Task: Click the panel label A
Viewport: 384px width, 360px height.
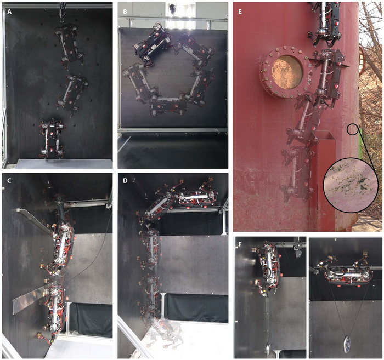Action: [x=9, y=12]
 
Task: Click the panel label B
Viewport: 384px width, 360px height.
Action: [x=125, y=12]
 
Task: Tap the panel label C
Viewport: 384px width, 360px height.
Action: [x=9, y=181]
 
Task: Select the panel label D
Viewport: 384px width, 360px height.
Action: [x=125, y=181]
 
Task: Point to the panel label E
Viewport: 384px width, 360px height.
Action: [x=240, y=12]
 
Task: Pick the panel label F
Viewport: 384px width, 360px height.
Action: [x=240, y=244]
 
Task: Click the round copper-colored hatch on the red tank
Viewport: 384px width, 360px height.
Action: [x=286, y=72]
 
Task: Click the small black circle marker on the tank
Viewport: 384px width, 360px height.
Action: [x=352, y=129]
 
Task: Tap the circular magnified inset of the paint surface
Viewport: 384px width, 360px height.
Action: [x=351, y=185]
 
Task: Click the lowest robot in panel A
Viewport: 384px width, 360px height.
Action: [x=52, y=139]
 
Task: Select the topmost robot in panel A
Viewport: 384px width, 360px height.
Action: [x=69, y=44]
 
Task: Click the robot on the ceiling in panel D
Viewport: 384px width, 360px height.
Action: [x=197, y=196]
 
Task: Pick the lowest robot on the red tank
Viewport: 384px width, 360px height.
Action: [x=298, y=173]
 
